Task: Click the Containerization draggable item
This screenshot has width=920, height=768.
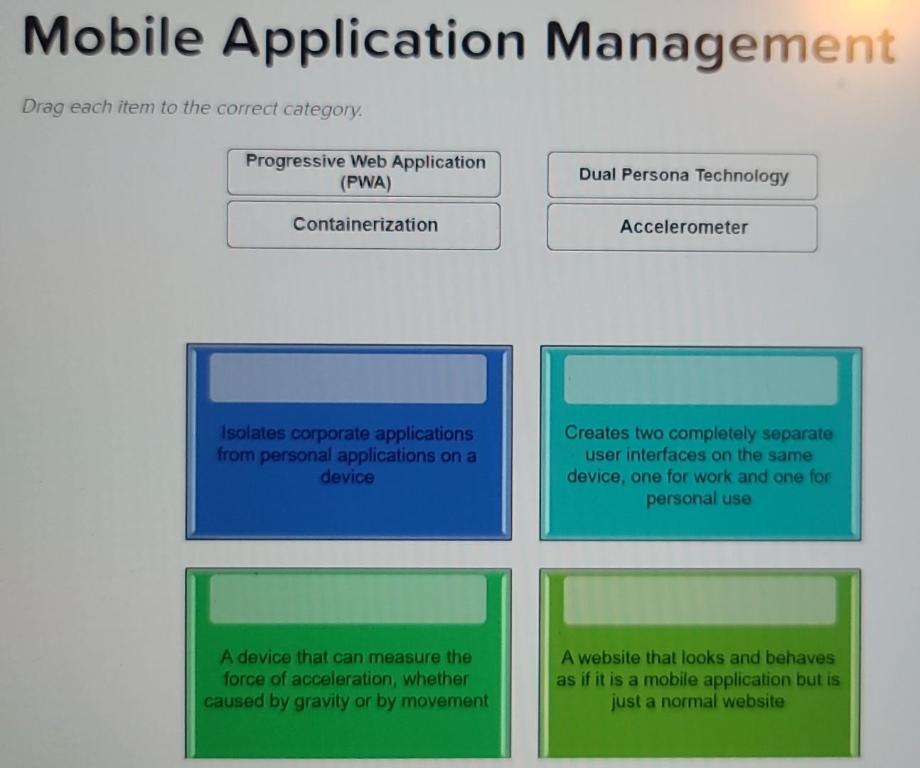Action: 364,225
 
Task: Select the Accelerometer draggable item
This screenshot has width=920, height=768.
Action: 683,228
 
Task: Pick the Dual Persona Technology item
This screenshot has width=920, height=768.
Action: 683,176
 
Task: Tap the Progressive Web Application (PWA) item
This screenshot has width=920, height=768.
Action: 364,172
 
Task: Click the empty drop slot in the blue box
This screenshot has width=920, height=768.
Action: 348,378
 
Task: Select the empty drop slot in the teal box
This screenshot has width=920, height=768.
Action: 700,380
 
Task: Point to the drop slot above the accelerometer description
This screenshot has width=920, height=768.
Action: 348,599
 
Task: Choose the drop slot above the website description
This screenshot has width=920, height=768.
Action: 700,600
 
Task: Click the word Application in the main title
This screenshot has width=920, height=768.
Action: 373,39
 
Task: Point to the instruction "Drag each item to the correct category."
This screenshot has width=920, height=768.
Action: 192,108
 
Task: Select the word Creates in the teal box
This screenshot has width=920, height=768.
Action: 596,433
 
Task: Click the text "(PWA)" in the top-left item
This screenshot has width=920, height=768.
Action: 365,183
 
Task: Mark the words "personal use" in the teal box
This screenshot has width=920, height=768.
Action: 698,498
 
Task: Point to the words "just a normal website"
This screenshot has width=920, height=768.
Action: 697,702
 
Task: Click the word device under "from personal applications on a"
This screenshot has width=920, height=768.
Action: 347,476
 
